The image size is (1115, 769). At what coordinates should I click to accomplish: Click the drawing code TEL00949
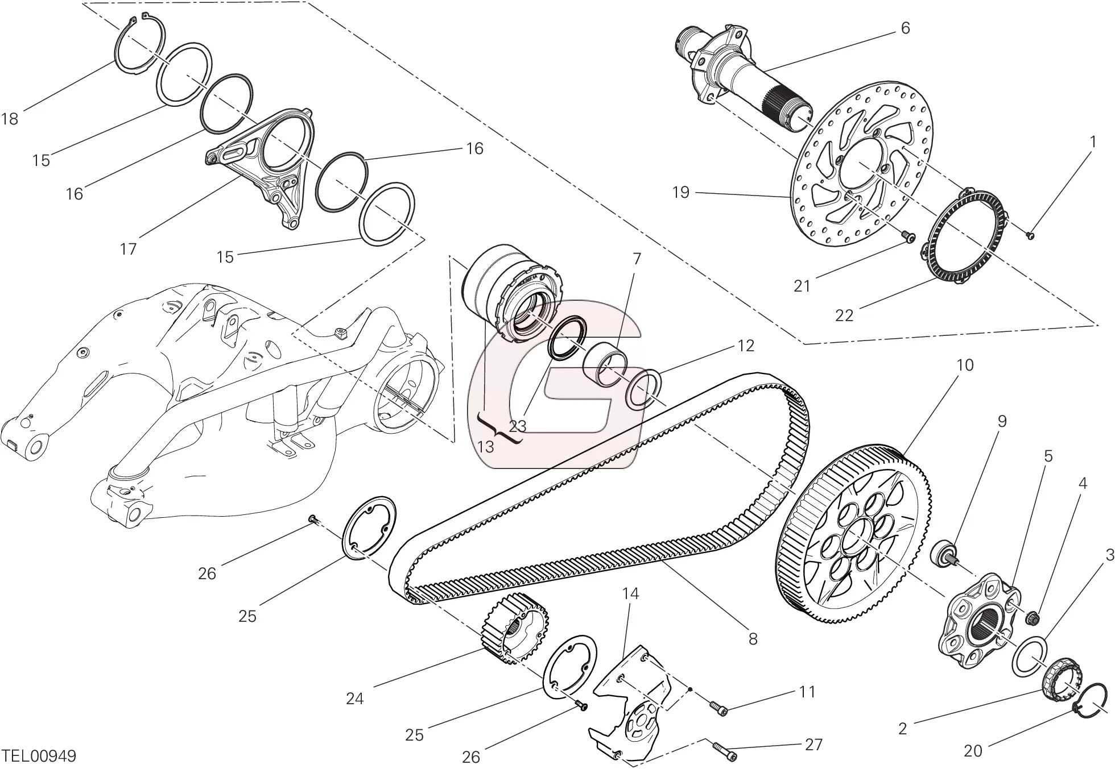[39, 756]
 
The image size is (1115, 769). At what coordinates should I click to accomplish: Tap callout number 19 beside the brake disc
[680, 192]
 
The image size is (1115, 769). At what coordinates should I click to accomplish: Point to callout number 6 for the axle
[905, 28]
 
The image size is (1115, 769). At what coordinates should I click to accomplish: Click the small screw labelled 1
[1031, 235]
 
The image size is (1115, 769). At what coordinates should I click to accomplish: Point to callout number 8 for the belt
[753, 639]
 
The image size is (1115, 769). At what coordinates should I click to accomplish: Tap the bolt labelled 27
[723, 750]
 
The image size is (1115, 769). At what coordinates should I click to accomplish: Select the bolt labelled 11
[718, 708]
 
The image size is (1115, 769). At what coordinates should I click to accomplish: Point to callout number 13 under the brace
[485, 447]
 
